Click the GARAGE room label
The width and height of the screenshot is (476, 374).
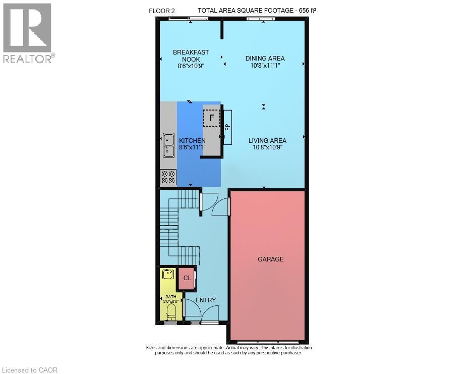(270, 259)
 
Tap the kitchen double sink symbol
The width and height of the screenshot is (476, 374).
(169, 145)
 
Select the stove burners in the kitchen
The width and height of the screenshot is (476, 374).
(168, 178)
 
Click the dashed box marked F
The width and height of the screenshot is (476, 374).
(212, 118)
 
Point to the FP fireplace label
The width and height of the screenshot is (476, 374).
(228, 127)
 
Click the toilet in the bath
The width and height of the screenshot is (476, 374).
(171, 312)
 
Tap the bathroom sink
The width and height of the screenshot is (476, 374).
(168, 274)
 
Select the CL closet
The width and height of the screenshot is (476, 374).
(187, 278)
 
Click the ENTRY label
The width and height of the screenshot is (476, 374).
(206, 300)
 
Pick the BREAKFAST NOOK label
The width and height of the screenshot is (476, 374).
(191, 56)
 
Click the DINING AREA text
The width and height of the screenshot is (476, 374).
(265, 59)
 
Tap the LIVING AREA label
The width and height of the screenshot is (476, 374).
(267, 141)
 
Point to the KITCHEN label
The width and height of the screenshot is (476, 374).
(192, 141)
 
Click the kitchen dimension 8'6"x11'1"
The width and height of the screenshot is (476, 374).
(192, 147)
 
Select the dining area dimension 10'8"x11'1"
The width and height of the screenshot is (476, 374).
(265, 65)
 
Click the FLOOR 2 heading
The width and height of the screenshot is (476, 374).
(162, 11)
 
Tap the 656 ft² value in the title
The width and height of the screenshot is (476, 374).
(308, 10)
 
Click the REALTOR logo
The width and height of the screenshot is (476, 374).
(28, 33)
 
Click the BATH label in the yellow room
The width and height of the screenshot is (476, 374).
(170, 297)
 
